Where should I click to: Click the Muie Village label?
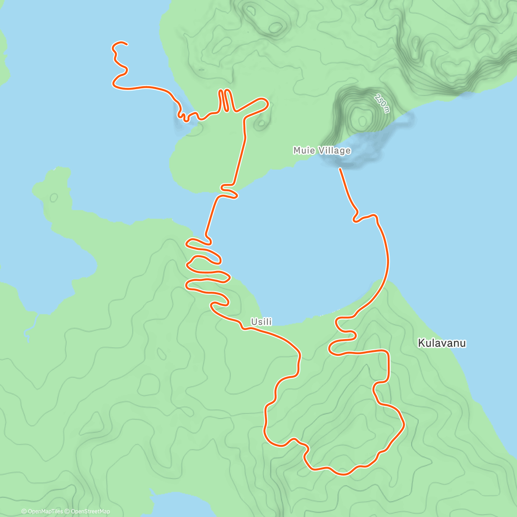pos(321,150)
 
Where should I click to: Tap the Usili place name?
pos(262,322)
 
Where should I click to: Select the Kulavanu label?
pos(442,343)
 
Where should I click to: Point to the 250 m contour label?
pos(382,103)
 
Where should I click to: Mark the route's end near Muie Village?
pos(340,169)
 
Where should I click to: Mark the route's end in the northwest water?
pos(126,44)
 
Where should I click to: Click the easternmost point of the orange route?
pos(404,425)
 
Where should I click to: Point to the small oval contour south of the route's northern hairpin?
pos(261,124)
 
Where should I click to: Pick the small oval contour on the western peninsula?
pos(54,198)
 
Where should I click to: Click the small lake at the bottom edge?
pos(172,506)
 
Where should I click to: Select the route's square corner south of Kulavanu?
pos(388,352)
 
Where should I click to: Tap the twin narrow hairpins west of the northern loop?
pos(225,100)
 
